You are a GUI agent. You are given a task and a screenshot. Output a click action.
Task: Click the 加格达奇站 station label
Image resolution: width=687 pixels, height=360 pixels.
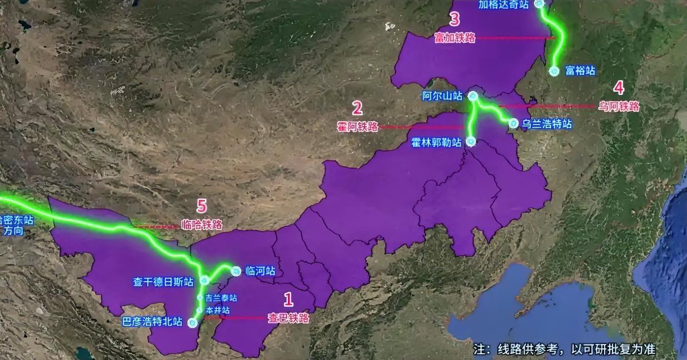click(503, 5)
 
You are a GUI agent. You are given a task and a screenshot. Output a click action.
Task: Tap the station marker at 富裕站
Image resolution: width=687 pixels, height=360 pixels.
click(554, 71)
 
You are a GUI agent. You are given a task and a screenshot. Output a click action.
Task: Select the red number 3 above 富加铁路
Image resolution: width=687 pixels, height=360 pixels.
click(454, 20)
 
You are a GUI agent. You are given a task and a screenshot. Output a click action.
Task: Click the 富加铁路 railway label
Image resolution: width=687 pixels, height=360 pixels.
click(455, 38)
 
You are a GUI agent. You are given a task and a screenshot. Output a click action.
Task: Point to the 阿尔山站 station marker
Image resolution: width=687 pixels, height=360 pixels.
click(473, 96)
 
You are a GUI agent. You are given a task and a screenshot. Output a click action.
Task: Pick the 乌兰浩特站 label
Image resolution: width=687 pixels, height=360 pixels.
click(547, 124)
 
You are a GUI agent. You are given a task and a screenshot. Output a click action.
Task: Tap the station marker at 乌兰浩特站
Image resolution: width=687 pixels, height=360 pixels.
click(514, 123)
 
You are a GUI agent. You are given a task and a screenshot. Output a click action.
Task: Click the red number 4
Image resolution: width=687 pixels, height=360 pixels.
click(619, 88)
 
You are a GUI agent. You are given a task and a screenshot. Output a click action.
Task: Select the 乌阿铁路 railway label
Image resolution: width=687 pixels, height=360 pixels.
click(619, 106)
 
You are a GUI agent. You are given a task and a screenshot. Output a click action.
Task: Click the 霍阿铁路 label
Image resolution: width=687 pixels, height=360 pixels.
click(357, 127)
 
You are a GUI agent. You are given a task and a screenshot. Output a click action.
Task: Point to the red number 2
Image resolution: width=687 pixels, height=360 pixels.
click(357, 108)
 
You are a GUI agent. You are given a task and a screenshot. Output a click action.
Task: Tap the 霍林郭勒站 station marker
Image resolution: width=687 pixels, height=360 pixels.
click(471, 141)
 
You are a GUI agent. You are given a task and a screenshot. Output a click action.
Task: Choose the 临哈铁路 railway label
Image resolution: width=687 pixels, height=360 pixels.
click(202, 224)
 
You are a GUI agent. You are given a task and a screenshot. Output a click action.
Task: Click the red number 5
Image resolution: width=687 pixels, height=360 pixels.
click(202, 207)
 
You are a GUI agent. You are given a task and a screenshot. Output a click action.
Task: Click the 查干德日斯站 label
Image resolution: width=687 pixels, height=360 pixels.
click(163, 282)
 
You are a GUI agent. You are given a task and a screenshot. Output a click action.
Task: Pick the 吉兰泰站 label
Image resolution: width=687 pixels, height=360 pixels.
click(221, 298)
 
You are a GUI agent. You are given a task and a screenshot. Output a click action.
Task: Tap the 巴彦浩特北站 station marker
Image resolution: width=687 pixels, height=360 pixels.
click(192, 323)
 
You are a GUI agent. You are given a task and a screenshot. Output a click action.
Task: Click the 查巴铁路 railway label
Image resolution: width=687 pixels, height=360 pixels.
click(288, 318)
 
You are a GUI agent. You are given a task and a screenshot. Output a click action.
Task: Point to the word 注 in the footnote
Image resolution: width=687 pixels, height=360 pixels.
click(480, 349)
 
